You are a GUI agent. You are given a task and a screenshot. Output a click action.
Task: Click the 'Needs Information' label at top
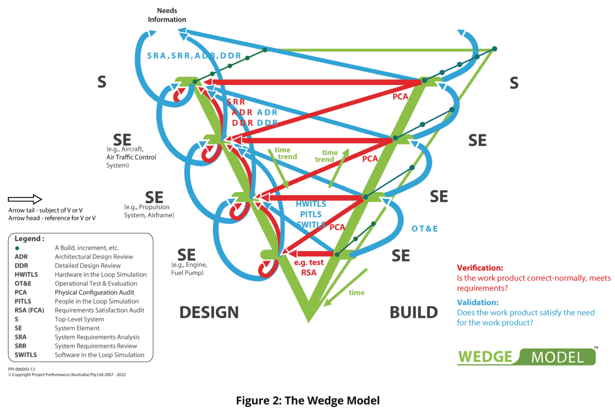(167, 15)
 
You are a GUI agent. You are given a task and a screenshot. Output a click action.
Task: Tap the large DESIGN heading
(209, 313)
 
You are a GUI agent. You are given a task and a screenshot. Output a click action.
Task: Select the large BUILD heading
(414, 313)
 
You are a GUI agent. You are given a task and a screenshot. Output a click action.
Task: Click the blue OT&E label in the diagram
(424, 229)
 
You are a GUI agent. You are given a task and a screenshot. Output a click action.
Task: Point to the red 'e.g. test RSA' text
(309, 268)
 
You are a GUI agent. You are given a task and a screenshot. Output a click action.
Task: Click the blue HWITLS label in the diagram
(311, 204)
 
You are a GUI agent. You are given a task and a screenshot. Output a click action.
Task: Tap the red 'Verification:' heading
(480, 268)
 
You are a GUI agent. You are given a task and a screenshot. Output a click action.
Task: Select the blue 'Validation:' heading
(478, 303)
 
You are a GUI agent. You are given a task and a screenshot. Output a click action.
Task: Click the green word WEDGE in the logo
(485, 357)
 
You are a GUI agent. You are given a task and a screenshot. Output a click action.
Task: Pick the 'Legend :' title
(29, 239)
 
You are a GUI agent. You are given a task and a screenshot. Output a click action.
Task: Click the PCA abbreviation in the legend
(21, 293)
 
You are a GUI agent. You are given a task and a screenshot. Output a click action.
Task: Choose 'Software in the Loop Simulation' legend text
(99, 355)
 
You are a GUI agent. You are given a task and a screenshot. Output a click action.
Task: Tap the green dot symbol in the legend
(17, 248)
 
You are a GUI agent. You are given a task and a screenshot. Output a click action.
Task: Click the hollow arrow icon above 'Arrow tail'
(25, 199)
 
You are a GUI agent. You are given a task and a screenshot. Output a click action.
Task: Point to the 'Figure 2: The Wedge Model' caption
(307, 401)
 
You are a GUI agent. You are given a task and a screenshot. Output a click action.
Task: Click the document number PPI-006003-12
(22, 369)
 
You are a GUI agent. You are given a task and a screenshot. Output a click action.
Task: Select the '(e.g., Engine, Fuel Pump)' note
(189, 269)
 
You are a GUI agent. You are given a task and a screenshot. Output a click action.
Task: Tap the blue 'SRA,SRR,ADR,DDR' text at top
(194, 56)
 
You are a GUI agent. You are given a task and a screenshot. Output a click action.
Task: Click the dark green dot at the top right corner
(494, 49)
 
